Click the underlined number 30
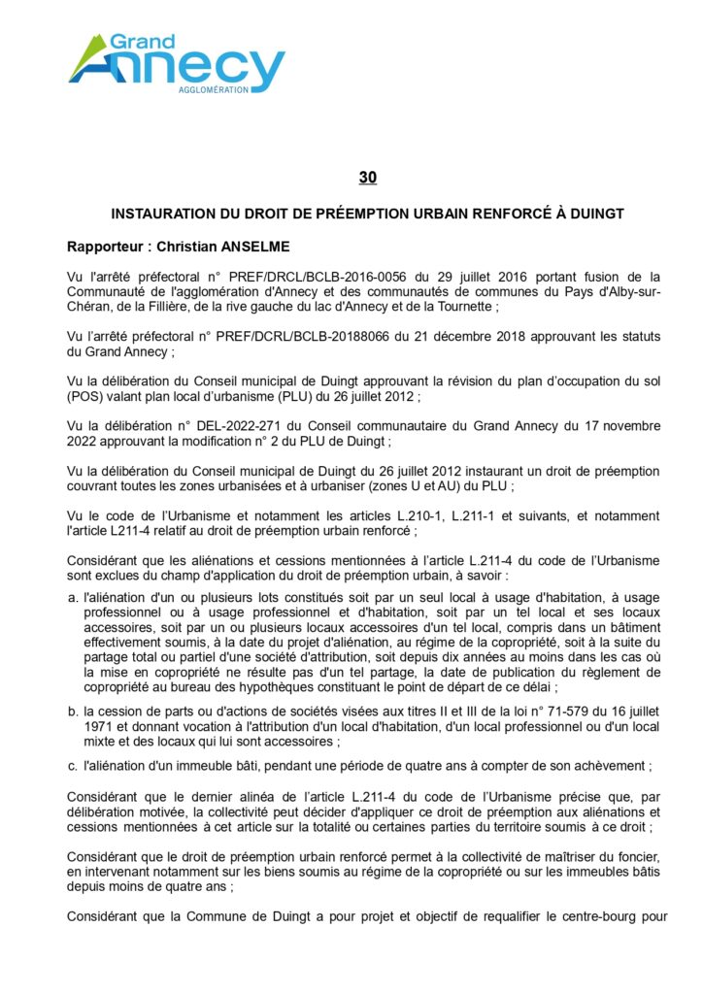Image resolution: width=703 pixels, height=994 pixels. [367, 178]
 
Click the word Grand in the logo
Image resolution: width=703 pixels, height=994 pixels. [142, 42]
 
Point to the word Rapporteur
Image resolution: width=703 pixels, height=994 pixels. [106, 247]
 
